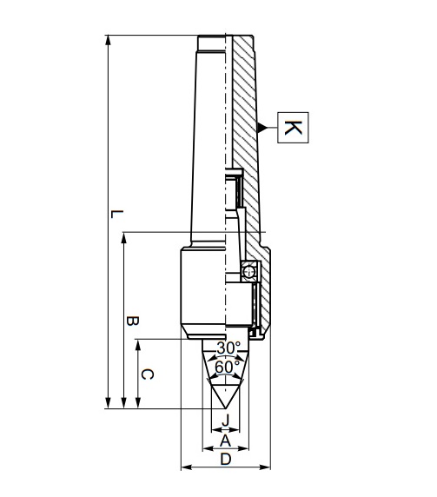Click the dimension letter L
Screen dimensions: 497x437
[x=117, y=214]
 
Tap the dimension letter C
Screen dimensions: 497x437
[x=148, y=374]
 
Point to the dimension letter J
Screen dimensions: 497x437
[x=226, y=421]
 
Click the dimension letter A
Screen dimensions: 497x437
[x=226, y=441]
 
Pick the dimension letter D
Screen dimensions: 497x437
[x=226, y=460]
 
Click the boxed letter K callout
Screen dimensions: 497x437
[x=293, y=129]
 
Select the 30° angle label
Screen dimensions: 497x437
[x=228, y=348]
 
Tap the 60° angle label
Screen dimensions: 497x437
[x=226, y=367]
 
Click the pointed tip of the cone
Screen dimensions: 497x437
[x=226, y=408]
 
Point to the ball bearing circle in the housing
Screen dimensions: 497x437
[x=249, y=270]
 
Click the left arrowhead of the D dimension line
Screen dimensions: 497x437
[x=184, y=468]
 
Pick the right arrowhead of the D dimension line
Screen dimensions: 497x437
[x=268, y=468]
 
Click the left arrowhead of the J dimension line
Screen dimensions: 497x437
[x=215, y=429]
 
